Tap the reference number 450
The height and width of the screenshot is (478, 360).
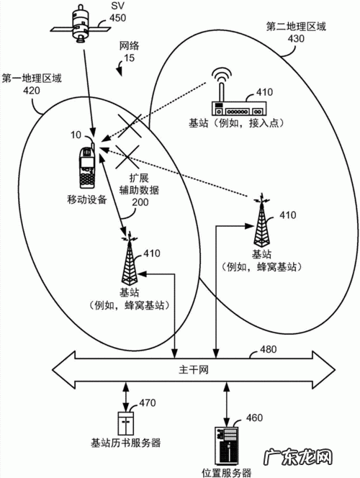117,19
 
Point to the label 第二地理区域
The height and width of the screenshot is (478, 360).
295,27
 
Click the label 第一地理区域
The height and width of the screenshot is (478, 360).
32,77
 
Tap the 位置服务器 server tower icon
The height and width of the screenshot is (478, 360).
226,446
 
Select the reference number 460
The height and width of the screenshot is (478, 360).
254,418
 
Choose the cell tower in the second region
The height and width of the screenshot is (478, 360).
261,220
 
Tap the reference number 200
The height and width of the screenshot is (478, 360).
142,203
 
